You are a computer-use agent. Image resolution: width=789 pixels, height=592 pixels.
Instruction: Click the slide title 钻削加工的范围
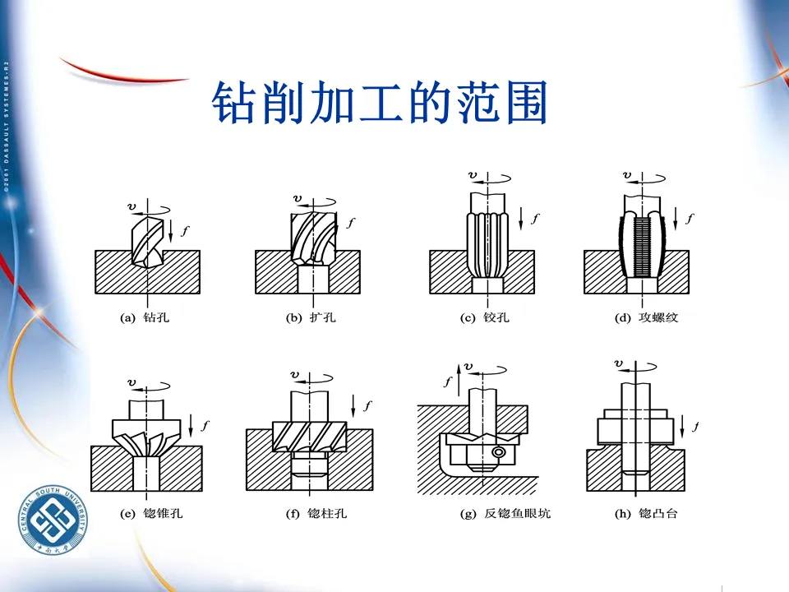click(x=379, y=103)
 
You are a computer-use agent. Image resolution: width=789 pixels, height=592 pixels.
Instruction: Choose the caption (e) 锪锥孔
click(x=151, y=514)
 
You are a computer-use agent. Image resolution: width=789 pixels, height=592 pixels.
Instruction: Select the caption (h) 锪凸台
click(x=645, y=514)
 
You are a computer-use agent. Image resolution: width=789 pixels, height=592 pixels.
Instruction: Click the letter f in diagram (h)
click(x=695, y=426)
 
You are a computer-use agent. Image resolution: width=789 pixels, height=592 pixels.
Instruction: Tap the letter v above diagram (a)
click(x=132, y=206)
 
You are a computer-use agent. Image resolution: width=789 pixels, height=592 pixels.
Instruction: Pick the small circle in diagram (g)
click(x=497, y=453)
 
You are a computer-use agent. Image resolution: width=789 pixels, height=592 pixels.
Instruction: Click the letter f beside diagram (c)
click(x=535, y=218)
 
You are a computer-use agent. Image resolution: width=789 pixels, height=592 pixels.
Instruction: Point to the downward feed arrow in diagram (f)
click(x=353, y=405)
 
